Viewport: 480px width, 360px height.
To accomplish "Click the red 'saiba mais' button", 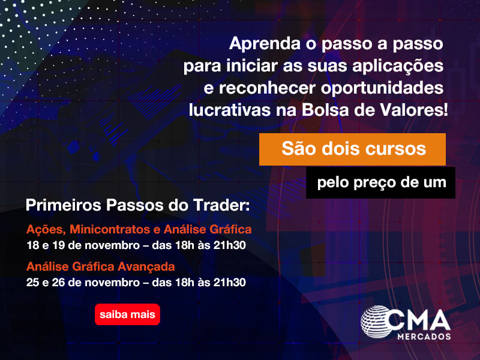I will pos(127,314).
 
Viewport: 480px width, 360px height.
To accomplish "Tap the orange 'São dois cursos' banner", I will pos(352,149).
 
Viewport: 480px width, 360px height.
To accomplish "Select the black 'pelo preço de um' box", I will pos(381,182).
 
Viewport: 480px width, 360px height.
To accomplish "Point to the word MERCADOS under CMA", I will pos(424,337).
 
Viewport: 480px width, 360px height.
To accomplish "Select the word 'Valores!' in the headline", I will pos(420,110).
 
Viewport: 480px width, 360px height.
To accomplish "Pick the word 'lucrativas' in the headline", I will pos(223,110).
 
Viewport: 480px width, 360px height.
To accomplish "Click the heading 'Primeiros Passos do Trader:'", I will pos(137,205).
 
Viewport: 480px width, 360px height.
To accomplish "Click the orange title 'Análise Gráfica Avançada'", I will pos(100,266).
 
